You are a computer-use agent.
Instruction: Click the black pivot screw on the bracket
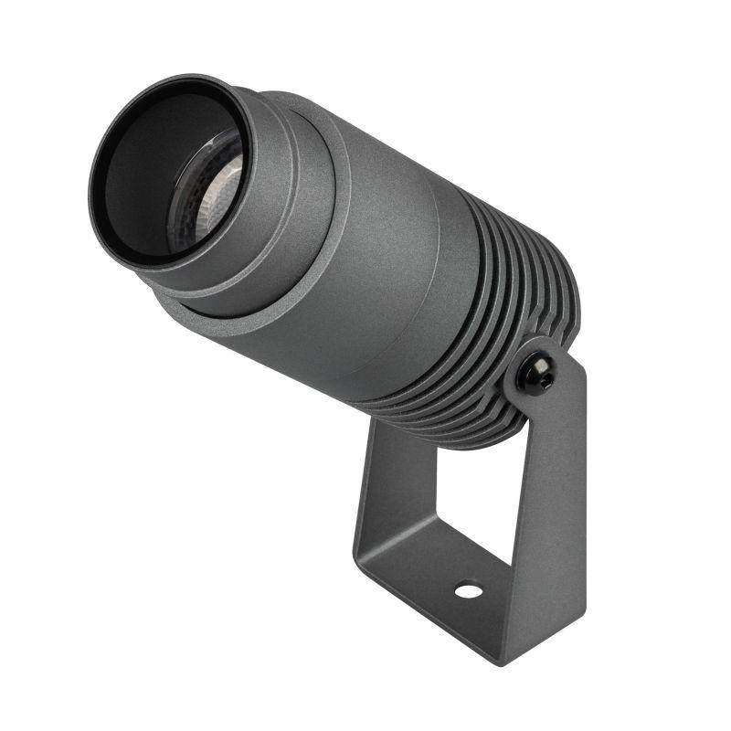coord(536,374)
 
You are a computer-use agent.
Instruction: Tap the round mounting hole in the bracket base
coord(468,590)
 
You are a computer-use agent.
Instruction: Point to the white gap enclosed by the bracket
coord(457,503)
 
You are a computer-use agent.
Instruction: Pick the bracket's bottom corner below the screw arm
coord(548,640)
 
